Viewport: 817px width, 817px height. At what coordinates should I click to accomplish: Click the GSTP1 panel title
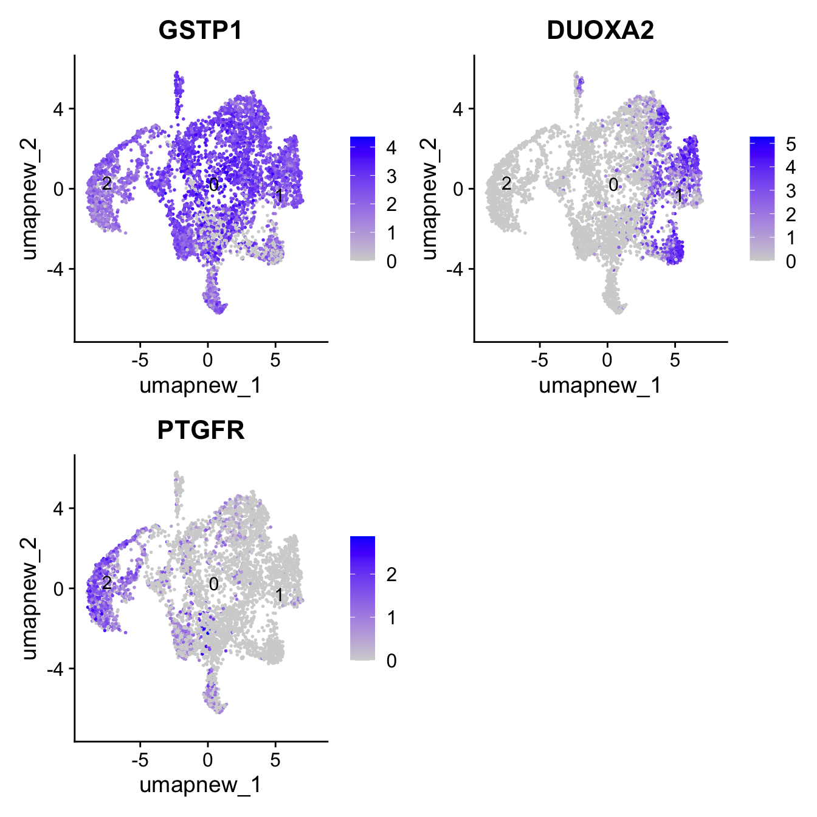pos(200,30)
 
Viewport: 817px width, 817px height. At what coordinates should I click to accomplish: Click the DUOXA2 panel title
pos(600,30)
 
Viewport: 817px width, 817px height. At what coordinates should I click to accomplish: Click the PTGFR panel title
pos(201,430)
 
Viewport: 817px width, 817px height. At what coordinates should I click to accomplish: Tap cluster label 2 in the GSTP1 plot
pos(106,183)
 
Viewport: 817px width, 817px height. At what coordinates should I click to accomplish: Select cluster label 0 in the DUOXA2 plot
pos(613,184)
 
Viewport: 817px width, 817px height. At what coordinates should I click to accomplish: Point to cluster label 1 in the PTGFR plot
pos(279,595)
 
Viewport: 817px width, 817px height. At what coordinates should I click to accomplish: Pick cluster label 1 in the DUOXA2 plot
pos(678,195)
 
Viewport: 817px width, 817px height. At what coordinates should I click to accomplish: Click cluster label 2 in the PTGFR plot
pos(106,583)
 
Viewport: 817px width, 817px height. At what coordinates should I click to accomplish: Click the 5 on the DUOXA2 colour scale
pos(791,144)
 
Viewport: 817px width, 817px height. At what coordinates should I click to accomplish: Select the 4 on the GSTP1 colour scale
pos(391,148)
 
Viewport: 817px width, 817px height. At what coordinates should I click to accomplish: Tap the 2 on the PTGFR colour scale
pos(391,574)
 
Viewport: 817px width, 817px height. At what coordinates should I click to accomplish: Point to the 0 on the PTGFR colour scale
pos(391,661)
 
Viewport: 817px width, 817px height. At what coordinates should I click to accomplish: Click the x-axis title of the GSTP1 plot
pos(200,385)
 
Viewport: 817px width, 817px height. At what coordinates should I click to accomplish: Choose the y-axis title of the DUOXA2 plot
pos(429,198)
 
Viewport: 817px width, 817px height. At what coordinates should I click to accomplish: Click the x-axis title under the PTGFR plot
pos(200,785)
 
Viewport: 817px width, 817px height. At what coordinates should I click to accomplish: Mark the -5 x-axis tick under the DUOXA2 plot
pos(539,360)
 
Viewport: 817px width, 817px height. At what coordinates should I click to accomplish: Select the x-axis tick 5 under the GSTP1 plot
pos(275,360)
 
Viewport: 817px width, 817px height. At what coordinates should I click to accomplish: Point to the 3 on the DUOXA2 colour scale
pos(791,191)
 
